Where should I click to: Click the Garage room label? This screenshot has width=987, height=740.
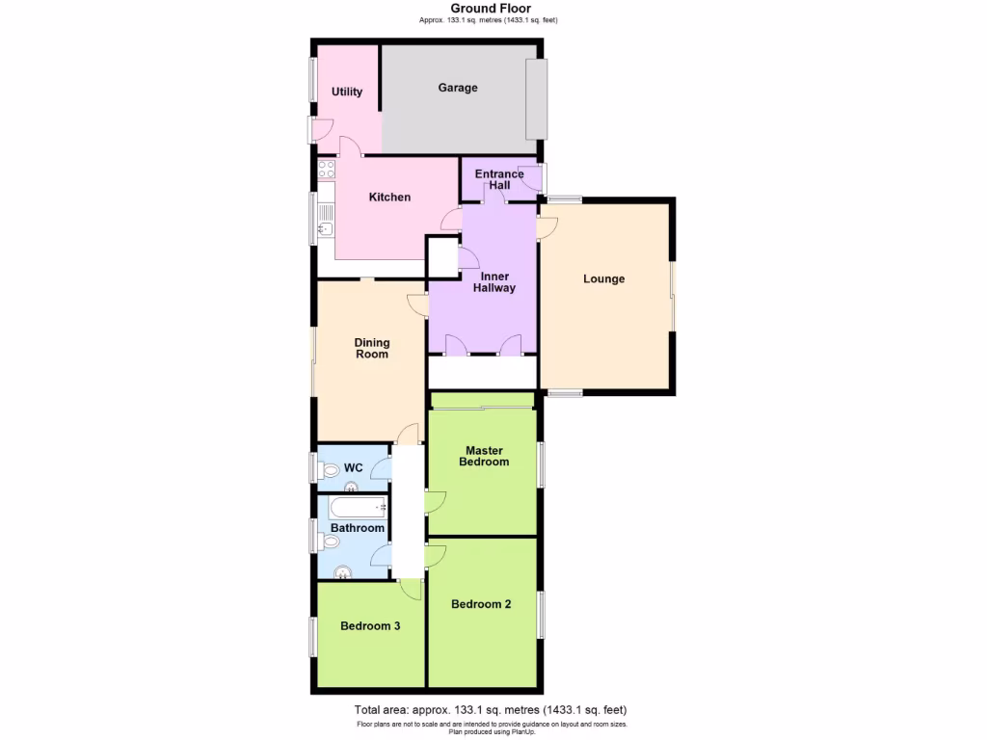point(458,88)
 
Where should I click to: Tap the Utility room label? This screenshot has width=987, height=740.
point(347,92)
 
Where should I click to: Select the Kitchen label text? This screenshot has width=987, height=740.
point(389,198)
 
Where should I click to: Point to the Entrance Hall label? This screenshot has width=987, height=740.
point(499,179)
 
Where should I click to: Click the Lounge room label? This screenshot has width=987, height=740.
point(604,279)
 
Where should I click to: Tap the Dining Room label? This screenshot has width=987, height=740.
point(372,348)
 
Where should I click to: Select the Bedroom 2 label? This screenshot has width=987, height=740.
point(481,605)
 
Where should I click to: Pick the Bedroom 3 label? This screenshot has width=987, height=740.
point(370,626)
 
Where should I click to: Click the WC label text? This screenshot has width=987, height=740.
point(354,468)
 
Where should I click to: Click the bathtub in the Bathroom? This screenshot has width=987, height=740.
point(358,507)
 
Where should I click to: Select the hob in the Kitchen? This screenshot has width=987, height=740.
point(326,170)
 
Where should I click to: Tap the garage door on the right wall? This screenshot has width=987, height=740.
point(536,99)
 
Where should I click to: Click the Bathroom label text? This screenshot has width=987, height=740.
point(358,528)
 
